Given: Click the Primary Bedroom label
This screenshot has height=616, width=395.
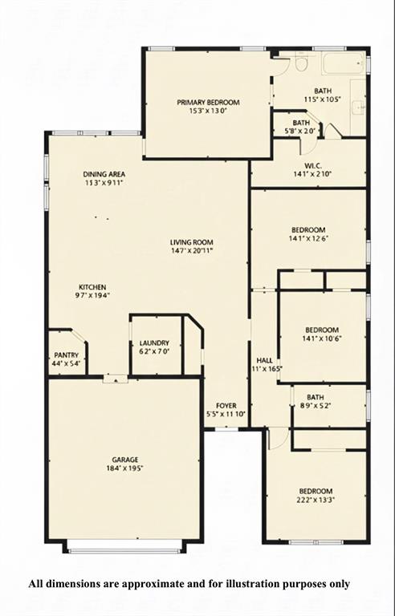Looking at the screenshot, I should (209, 103).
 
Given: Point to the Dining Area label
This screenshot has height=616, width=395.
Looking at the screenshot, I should (104, 174).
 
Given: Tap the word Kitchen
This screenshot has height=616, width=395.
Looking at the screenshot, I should (92, 287).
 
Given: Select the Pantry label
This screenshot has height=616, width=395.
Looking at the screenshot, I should (66, 355).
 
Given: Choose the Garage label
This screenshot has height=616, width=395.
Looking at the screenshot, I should (124, 460).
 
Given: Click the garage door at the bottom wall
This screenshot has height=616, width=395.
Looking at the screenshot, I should (124, 550).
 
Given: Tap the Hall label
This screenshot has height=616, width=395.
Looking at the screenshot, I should (263, 360).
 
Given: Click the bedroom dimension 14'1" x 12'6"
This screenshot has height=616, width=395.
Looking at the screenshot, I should (308, 238).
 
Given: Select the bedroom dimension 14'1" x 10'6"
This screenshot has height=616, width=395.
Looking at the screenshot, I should (322, 338).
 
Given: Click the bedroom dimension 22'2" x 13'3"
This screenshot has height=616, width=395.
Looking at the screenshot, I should (316, 500).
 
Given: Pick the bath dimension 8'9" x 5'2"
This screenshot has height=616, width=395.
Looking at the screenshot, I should (315, 406).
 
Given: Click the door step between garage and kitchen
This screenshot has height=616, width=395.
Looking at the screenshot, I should (116, 379).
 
